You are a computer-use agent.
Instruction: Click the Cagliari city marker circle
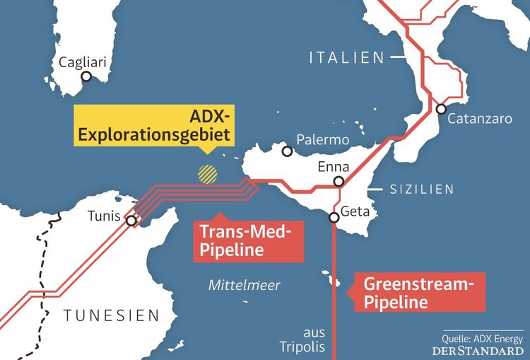pos(86,76)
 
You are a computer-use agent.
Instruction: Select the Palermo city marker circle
pos(287,151)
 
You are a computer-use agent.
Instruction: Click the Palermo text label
pos(323,139)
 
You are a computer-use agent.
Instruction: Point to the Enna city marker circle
pos(339,182)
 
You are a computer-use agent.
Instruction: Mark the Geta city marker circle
pos(335,217)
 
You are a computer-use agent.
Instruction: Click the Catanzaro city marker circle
pos(441,109)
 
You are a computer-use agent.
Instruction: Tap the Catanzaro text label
pos(483,120)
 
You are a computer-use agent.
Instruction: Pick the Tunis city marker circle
pos(131,221)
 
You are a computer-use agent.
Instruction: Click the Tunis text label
pos(104,216)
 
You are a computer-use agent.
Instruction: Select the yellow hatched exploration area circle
pos(207,174)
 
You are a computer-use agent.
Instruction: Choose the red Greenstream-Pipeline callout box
pos(417,293)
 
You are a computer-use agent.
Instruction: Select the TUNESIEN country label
pos(111,315)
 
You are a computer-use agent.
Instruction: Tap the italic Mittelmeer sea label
pos(245,285)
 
